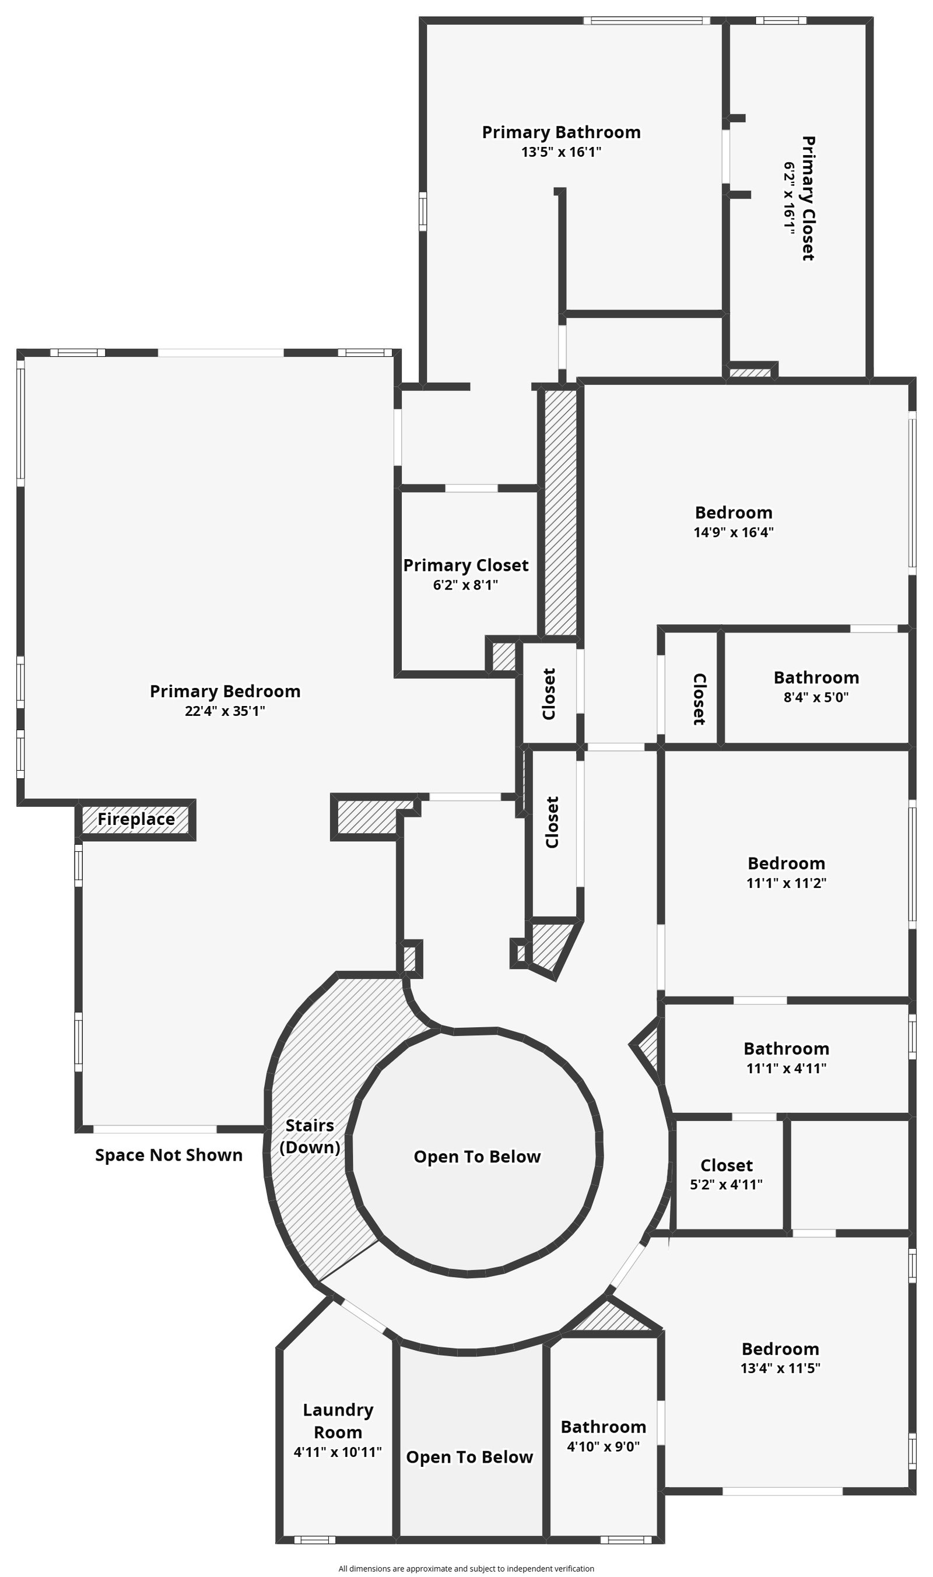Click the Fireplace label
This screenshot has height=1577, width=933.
[136, 819]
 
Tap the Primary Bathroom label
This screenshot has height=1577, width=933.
[561, 132]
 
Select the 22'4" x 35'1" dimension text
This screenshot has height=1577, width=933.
[225, 711]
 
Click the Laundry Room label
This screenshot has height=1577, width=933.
[338, 1421]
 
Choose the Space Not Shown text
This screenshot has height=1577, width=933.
[169, 1155]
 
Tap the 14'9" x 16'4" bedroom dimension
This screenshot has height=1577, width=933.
[733, 532]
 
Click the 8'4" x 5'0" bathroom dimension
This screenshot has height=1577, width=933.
[816, 697]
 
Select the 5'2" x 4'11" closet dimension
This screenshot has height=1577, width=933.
[726, 1184]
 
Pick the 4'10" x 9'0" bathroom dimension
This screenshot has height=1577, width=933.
[603, 1446]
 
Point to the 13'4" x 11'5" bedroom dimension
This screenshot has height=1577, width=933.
[780, 1368]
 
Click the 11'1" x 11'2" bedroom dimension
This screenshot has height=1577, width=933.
[786, 883]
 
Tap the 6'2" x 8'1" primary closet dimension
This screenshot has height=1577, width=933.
[465, 585]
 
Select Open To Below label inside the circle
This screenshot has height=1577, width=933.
[476, 1157]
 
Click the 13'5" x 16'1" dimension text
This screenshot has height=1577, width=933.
[561, 152]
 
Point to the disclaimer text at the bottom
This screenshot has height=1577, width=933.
[466, 1569]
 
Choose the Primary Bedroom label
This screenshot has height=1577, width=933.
[225, 691]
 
